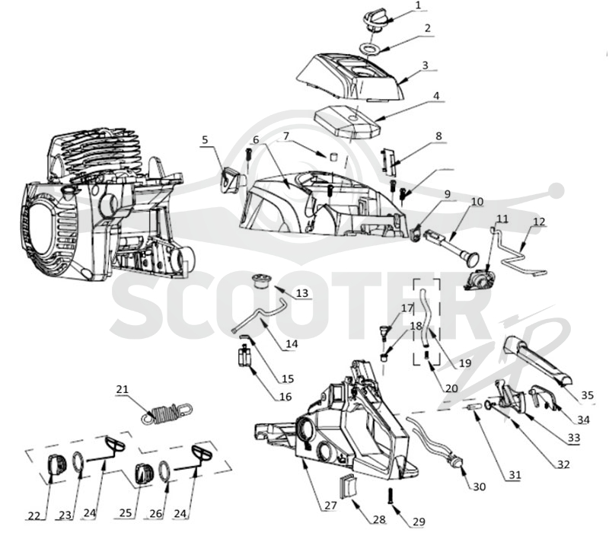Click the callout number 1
point(418,5)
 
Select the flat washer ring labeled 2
point(369,49)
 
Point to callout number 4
point(436,96)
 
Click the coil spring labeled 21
point(167,413)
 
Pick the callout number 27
point(330,506)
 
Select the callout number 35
point(587,395)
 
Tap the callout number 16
point(285,397)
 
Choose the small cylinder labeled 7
point(333,156)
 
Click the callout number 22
point(34,515)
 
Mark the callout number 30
point(480,487)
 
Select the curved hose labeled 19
point(426,317)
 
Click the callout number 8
point(438,136)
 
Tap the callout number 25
point(126,512)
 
